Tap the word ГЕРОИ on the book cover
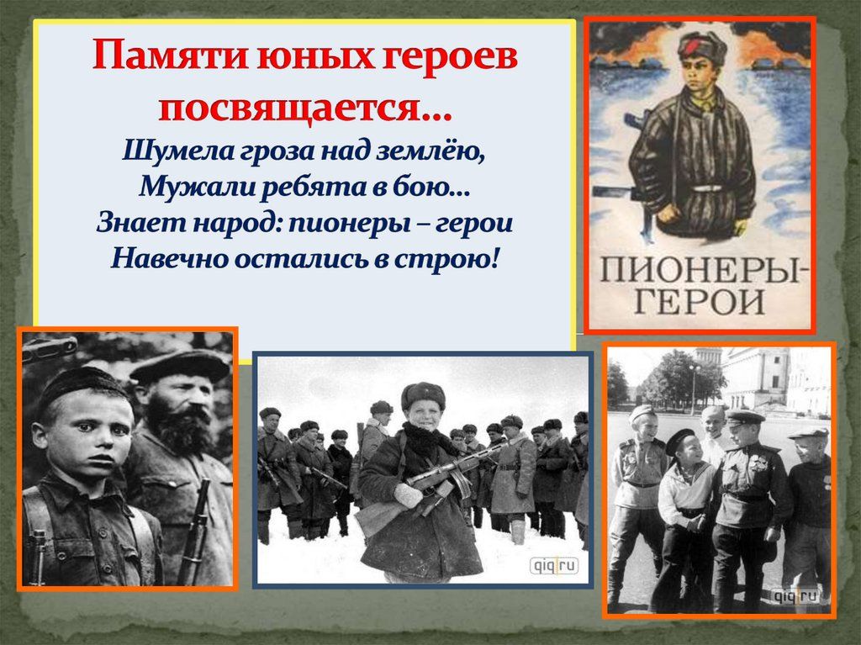(x=700, y=302)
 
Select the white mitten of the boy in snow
(x=409, y=495)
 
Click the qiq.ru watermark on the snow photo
(x=553, y=566)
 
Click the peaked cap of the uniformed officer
(x=745, y=417)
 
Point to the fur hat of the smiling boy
(x=423, y=395)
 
